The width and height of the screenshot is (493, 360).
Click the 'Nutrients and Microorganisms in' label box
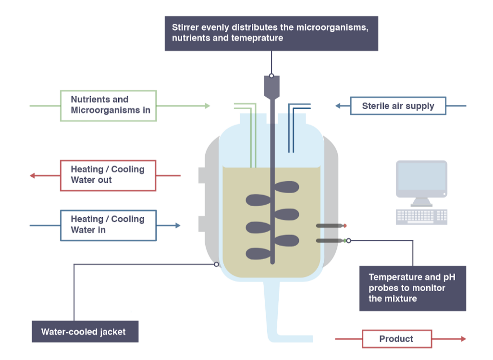point(108,105)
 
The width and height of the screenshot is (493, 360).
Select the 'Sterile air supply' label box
point(397,106)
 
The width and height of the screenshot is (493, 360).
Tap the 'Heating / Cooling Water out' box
point(108,175)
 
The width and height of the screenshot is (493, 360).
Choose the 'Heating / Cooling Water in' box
point(108,225)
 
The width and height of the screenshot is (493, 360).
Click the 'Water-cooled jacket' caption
point(85,332)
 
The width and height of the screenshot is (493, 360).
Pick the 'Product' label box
point(396,339)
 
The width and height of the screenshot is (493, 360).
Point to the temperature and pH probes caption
point(412,288)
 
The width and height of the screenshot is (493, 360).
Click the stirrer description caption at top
point(271,33)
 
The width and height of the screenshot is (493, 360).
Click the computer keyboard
point(421,216)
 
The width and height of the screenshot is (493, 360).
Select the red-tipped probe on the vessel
point(331,225)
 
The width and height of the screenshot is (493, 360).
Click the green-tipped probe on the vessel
point(331,240)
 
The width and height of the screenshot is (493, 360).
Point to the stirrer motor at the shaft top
point(271,87)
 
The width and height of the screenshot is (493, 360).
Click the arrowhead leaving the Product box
point(463,339)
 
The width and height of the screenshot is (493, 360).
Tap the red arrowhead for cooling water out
point(33,175)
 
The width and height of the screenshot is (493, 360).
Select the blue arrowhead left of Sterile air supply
point(338,106)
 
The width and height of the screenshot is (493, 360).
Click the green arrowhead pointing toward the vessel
point(207,106)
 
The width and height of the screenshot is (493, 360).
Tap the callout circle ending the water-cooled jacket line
point(217,264)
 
